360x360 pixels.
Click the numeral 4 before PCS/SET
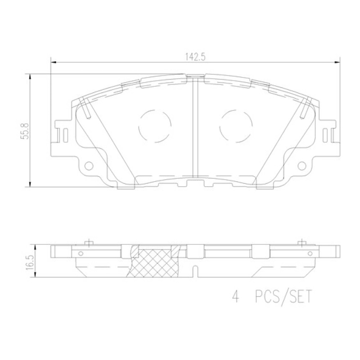click(x=236, y=296)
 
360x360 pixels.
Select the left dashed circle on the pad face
click(x=155, y=125)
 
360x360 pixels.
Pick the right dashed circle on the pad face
click(x=236, y=125)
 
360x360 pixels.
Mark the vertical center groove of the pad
click(x=195, y=127)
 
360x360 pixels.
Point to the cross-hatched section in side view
click(x=154, y=261)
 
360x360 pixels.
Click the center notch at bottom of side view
click(x=195, y=271)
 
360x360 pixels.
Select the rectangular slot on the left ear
click(x=61, y=135)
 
